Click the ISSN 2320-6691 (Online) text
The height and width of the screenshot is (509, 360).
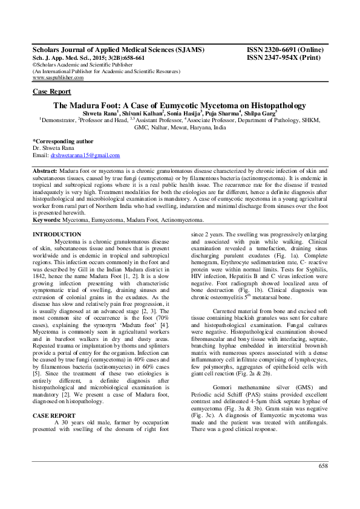(284, 50)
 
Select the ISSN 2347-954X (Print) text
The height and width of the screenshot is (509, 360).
(283, 57)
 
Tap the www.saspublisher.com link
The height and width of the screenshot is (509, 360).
(58, 77)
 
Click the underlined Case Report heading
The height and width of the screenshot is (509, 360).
(51, 91)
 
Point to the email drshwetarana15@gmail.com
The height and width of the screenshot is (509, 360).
(85, 155)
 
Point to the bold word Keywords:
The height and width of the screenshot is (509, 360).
(47, 220)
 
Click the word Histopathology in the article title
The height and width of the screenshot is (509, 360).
(269, 105)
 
